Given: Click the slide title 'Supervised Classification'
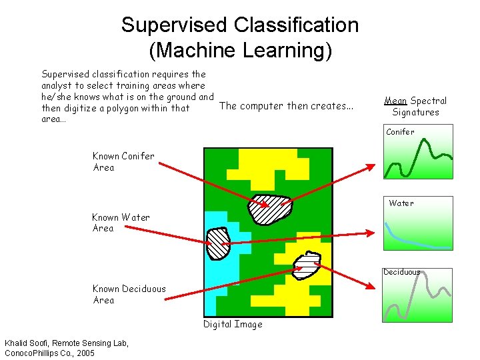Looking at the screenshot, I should [x=240, y=25].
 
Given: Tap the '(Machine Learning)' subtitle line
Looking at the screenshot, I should [x=240, y=51].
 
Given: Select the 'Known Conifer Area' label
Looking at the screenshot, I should [x=123, y=161].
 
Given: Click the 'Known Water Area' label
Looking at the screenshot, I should [x=121, y=223].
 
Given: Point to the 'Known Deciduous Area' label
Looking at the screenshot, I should [x=129, y=294].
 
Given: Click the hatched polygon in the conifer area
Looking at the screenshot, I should [x=269, y=209].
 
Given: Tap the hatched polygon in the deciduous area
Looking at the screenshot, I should [x=307, y=266].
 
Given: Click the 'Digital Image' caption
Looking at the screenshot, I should [x=233, y=325].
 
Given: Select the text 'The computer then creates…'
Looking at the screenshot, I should [x=286, y=105].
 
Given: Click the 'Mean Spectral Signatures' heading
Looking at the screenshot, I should [x=415, y=106].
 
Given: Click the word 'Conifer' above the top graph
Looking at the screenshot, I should [x=400, y=132].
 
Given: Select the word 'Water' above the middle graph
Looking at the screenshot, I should [x=401, y=203].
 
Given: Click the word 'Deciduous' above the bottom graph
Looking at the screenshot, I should [x=401, y=272].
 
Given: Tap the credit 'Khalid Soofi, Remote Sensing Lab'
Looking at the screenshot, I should [x=67, y=343].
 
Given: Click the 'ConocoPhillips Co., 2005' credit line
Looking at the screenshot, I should [x=50, y=352].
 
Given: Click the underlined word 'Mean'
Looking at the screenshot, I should [x=395, y=101].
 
